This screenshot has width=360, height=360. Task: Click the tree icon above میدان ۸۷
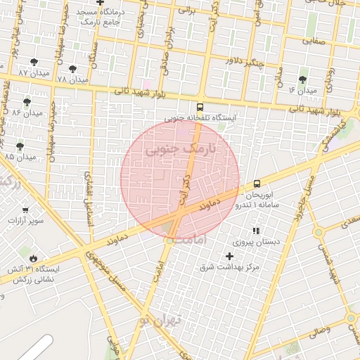(x=34, y=63)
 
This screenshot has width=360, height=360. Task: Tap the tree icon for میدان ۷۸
(x=73, y=69)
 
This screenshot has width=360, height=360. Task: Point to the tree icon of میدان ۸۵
(x=19, y=146)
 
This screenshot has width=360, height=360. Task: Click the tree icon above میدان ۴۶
(x=303, y=79)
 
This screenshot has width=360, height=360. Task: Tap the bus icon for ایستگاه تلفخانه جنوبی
(x=200, y=108)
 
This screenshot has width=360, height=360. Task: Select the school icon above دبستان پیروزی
(x=256, y=231)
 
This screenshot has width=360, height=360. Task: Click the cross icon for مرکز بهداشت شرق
(x=229, y=256)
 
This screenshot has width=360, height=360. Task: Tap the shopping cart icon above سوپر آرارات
(x=25, y=210)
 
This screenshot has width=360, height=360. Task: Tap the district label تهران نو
(x=160, y=320)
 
